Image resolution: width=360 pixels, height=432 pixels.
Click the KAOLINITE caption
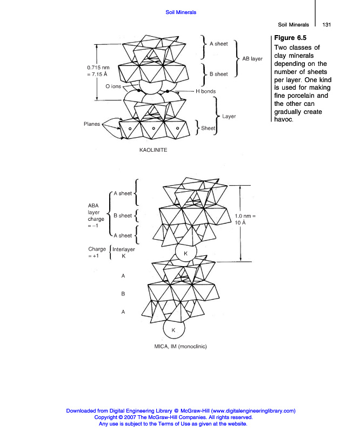pos(154,150)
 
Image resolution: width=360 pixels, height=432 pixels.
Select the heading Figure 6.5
pos(290,38)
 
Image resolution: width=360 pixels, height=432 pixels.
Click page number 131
pos(326,24)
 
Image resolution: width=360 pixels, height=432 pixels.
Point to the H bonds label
pos(205,91)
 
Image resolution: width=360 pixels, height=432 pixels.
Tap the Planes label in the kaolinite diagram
pos(92,124)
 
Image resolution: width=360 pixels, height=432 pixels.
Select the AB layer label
pos(252,59)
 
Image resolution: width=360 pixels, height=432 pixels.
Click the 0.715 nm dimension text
pos(98,67)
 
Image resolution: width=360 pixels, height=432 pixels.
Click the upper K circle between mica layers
pos(185,253)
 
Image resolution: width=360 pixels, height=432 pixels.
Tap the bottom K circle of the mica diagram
pos(174,329)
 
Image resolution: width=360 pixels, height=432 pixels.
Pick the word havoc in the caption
pos(284,119)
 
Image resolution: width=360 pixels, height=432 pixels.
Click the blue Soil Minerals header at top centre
pos(181,12)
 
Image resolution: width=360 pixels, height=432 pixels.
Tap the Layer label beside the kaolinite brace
pos(229,116)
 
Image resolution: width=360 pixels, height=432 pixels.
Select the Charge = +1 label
pos(97,253)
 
